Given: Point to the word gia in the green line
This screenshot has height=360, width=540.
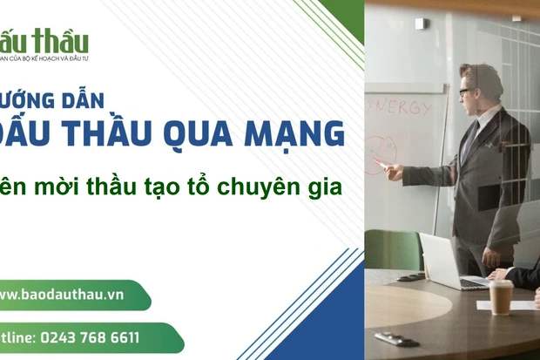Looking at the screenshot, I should click(325, 185).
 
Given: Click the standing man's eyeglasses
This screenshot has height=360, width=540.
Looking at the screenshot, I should click(466, 90).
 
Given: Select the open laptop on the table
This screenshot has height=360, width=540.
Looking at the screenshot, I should click(449, 262).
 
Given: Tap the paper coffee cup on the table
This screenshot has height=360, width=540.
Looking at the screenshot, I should click(500, 296).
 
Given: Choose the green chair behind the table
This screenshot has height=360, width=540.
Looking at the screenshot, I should click(391, 248).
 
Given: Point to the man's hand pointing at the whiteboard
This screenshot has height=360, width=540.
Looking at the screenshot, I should click(394, 171).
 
